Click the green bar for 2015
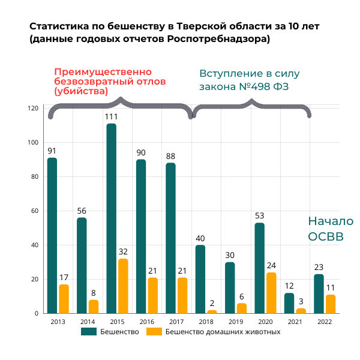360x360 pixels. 111,218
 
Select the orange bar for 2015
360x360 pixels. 123,286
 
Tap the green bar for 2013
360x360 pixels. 52,235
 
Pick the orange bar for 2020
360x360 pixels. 271,293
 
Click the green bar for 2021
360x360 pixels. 289,303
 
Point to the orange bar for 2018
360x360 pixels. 212,311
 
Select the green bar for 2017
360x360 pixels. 170,238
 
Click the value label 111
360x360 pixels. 111,117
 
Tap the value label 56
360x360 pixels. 82,211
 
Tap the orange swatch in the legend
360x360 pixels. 154,331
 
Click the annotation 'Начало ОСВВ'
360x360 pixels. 331,229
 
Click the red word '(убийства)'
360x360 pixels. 81,91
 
